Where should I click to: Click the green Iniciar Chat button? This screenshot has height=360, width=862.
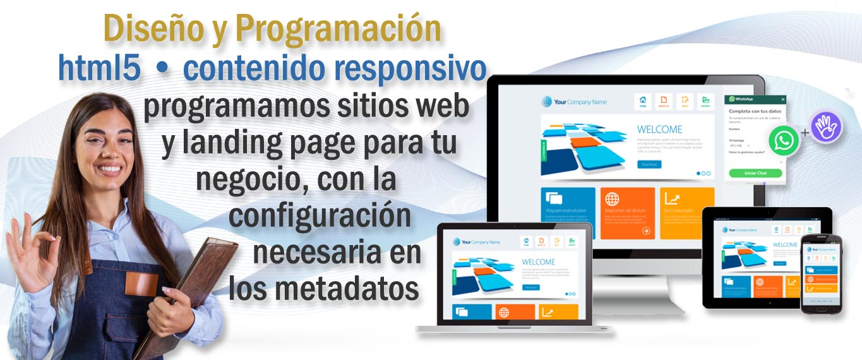pyautogui.click(x=755, y=173)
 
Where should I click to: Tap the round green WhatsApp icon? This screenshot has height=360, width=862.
pyautogui.click(x=784, y=140)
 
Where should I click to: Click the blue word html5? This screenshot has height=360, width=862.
pyautogui.click(x=99, y=68)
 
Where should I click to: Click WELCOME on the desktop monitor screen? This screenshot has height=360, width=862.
pyautogui.click(x=659, y=129)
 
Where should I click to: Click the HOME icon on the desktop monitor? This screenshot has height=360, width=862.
pyautogui.click(x=643, y=101)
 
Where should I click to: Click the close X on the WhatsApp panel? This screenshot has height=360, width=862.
pyautogui.click(x=783, y=99)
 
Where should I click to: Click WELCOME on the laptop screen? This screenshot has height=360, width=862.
pyautogui.click(x=538, y=262)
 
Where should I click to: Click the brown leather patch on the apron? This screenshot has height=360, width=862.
pyautogui.click(x=141, y=284)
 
